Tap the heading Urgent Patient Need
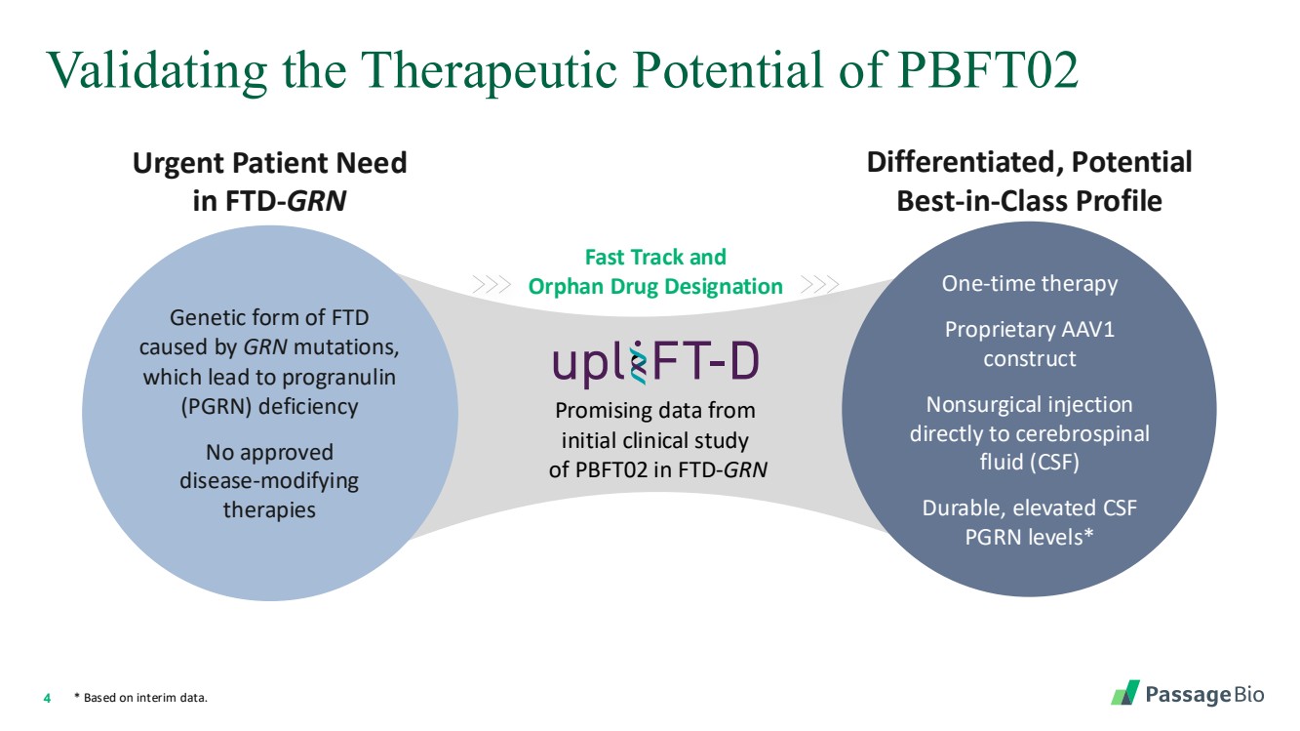(x=269, y=162)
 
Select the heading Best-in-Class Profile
(x=1029, y=201)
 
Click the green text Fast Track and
(x=655, y=257)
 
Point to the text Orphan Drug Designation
(x=655, y=286)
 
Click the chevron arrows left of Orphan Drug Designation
(x=492, y=285)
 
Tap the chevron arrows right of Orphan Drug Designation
(x=819, y=285)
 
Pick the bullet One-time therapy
(x=1029, y=284)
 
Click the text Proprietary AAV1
(x=1029, y=330)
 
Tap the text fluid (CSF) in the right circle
(x=1029, y=463)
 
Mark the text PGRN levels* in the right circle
(x=1029, y=537)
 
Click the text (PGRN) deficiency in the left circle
(x=269, y=407)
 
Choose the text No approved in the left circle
(x=269, y=453)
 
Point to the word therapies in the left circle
(x=269, y=509)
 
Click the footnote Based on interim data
(x=145, y=698)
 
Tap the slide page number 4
(x=47, y=698)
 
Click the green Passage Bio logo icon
(x=1124, y=693)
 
